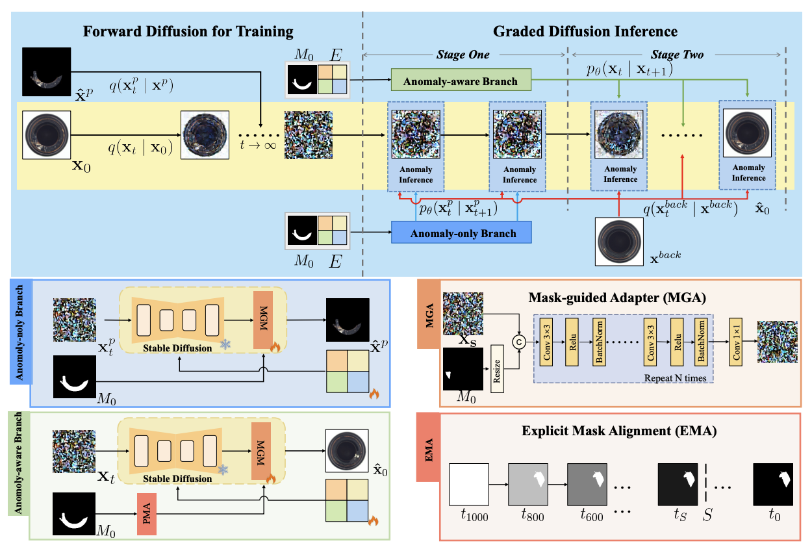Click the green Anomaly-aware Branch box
[x=461, y=81]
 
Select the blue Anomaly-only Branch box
[x=461, y=233]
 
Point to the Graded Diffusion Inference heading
[x=585, y=31]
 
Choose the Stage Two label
[x=678, y=55]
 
